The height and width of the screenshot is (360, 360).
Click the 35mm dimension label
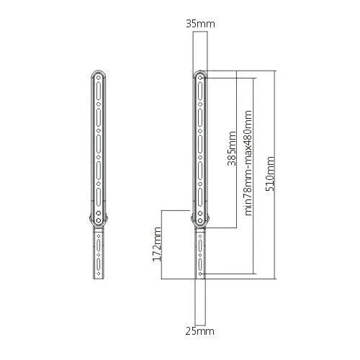199,24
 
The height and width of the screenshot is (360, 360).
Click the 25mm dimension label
199,332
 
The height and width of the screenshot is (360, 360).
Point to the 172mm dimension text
158,244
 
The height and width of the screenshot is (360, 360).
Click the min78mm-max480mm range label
248,163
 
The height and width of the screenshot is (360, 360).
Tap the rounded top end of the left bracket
99,74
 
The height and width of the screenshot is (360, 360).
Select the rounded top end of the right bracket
199,74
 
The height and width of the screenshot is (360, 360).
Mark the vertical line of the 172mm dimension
164,244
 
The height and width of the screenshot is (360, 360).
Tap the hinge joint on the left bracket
99,219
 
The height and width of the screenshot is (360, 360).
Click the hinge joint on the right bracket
199,219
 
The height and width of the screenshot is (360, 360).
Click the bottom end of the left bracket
99,277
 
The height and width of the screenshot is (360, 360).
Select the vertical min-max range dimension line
255,175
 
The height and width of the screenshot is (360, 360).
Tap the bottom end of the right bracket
199,277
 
